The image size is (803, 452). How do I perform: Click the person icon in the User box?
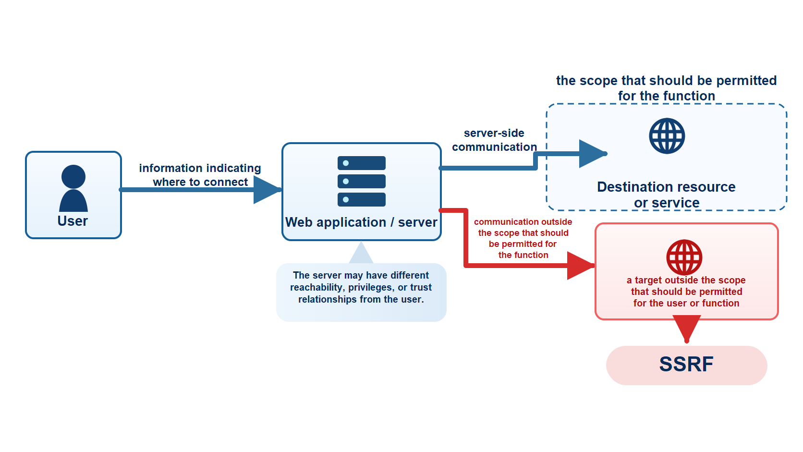point(73,188)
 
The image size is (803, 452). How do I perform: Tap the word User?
point(73,221)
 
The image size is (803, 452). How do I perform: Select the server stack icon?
point(361,181)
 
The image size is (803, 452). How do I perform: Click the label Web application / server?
point(361,222)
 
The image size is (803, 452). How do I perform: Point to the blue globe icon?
point(667,136)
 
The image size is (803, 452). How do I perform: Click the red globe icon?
point(684,257)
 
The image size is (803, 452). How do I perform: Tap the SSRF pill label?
point(686,365)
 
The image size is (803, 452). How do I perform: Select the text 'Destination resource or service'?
point(667,195)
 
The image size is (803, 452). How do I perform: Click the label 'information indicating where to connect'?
point(200,175)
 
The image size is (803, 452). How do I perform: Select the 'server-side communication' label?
point(494,140)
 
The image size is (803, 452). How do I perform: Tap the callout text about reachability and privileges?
point(361,287)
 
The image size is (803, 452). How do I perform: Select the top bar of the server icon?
point(361,163)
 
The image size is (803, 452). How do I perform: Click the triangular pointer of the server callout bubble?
point(361,254)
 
